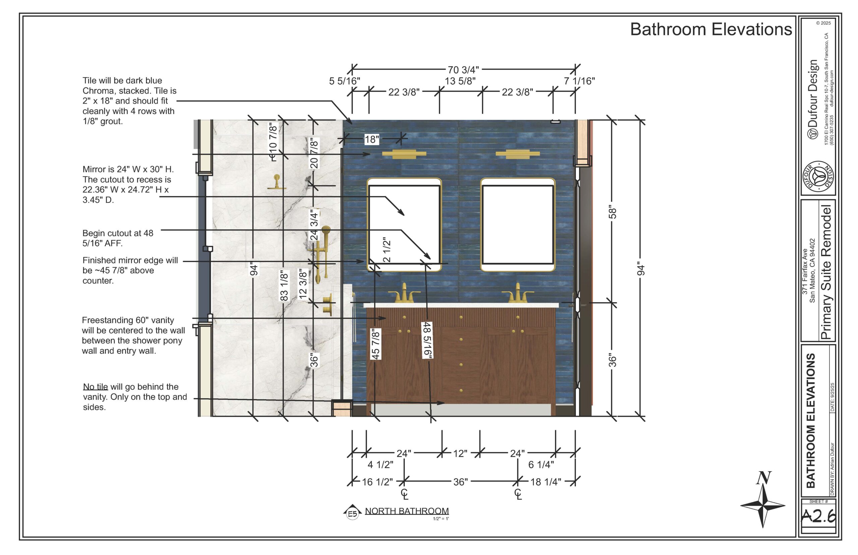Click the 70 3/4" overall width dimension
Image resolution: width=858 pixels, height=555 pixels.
point(463,70)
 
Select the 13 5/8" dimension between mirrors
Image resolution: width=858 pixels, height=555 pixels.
point(460,81)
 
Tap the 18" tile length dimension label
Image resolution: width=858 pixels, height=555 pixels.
point(372,139)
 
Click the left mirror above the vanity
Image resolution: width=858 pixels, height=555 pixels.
point(404,225)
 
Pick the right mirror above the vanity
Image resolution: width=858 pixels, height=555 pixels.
point(517,225)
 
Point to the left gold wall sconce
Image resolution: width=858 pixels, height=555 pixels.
point(404,154)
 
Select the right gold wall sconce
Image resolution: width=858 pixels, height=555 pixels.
point(517,154)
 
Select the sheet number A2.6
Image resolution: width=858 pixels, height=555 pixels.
point(818,516)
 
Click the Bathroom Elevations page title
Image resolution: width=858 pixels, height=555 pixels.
point(711,29)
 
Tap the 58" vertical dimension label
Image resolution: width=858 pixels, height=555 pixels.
point(612,212)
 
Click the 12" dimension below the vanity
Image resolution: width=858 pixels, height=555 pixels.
point(460,453)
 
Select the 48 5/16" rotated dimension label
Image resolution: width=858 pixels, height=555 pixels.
point(427,340)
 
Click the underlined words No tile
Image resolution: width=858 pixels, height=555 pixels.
point(96,387)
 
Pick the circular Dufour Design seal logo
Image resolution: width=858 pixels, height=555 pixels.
point(818,178)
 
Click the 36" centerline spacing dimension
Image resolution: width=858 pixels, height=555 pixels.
point(460,482)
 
